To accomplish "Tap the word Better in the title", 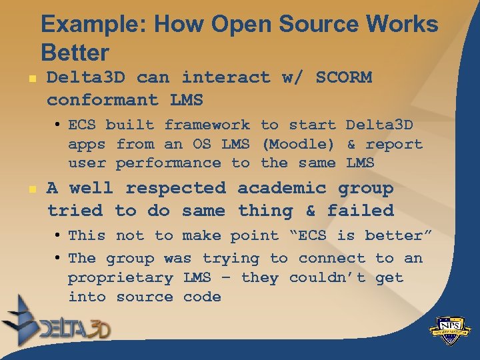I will click(75, 52).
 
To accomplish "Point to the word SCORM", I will click(344, 77).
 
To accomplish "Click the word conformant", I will click(103, 100).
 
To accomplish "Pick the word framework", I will click(207, 125).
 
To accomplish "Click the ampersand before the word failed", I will click(310, 211).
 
